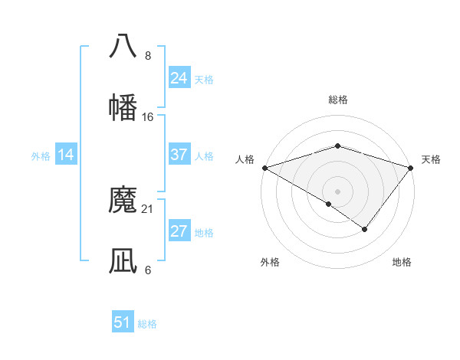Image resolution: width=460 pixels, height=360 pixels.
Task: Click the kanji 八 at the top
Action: tap(123, 45)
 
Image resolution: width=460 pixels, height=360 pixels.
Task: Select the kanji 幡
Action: tap(123, 107)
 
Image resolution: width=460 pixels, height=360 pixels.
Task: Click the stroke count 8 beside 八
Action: tap(148, 56)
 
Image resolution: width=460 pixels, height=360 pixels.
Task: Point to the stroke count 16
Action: tap(148, 117)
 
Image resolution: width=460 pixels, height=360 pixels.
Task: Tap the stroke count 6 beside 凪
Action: tap(148, 270)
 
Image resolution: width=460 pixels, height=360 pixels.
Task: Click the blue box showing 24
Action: tap(179, 78)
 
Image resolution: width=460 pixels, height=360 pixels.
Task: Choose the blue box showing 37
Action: tap(179, 155)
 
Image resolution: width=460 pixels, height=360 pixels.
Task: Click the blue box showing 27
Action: tap(179, 232)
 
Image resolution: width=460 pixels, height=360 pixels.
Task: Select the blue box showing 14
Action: tap(66, 155)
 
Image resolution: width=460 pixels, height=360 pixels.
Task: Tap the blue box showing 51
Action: tap(123, 322)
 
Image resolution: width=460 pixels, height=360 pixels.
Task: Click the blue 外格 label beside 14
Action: tap(41, 156)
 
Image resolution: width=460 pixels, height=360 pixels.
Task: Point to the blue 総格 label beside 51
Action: tap(147, 324)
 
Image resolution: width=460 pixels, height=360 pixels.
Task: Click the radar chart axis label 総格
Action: tap(337, 100)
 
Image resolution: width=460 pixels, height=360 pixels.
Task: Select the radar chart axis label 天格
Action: tap(432, 159)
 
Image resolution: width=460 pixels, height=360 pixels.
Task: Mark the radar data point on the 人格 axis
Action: tap(264, 167)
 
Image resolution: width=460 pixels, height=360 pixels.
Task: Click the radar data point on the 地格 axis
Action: tap(365, 229)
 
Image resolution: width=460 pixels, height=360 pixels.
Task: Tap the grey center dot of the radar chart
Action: tap(337, 191)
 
